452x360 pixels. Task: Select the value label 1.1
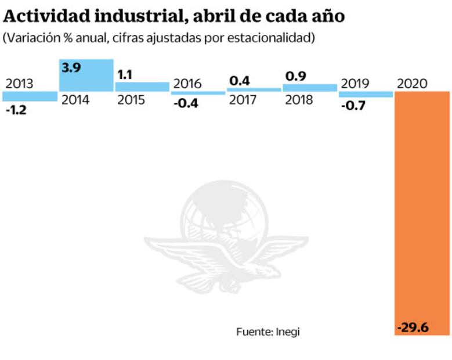coord(125,74)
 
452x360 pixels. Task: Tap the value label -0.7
coord(353,106)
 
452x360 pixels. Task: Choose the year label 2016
coord(187,83)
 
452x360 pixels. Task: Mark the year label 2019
coord(355,83)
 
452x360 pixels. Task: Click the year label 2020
coord(412,83)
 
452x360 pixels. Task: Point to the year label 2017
coord(244,100)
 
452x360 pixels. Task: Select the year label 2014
coord(75,100)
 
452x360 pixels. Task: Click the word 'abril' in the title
coord(215,15)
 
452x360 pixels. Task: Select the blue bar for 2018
coord(309,87)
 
